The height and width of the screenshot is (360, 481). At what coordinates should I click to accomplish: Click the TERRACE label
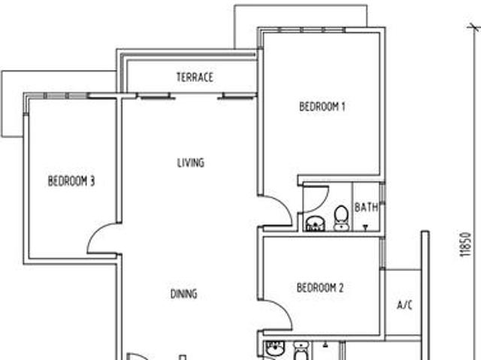tap(195, 77)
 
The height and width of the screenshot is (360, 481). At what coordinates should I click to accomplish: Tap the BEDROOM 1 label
tap(322, 107)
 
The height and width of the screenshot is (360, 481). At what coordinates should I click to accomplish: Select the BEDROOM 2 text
tap(319, 288)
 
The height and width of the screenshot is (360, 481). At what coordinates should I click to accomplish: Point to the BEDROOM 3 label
tap(71, 181)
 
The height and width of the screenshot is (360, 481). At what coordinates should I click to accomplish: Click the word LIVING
tap(190, 162)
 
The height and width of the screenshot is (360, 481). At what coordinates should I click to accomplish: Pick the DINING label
tap(183, 294)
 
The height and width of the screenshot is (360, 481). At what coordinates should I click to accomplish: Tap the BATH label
tap(366, 207)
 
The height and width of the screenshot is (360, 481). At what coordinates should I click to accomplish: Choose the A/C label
tap(404, 305)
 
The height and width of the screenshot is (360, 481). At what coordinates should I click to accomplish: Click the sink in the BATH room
tap(314, 222)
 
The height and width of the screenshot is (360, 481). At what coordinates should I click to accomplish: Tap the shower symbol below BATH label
tap(366, 225)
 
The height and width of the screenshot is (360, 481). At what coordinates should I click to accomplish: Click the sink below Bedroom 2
tap(274, 350)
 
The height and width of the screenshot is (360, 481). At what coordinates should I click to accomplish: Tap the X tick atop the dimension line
tap(473, 27)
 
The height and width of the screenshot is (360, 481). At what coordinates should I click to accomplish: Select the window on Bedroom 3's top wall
tap(67, 95)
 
